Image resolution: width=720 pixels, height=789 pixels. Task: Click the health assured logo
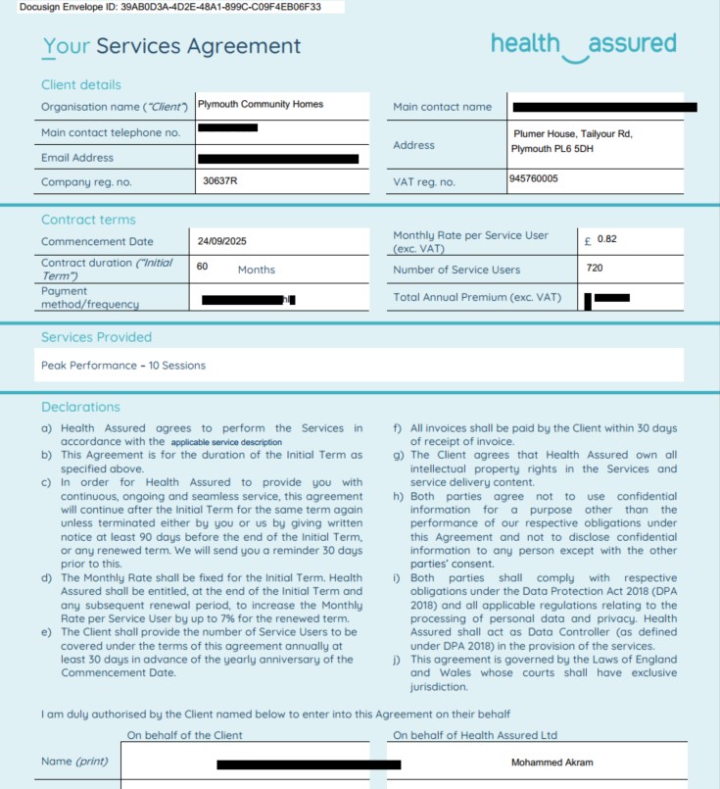(x=583, y=45)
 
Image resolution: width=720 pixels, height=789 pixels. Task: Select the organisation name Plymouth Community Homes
(x=260, y=104)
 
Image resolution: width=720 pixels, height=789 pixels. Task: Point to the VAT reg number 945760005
(x=534, y=179)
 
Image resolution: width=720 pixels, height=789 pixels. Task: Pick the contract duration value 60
(x=202, y=265)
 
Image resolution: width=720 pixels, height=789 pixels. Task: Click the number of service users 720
(x=594, y=268)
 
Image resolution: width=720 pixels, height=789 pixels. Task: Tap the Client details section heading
(x=81, y=84)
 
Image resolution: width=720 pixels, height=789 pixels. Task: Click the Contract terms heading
(x=88, y=220)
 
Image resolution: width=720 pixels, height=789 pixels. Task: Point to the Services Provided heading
(x=96, y=337)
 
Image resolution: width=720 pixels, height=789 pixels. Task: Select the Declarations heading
(x=80, y=407)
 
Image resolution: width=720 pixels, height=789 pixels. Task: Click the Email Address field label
(x=77, y=158)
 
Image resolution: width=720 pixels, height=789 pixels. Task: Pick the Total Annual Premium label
(x=477, y=297)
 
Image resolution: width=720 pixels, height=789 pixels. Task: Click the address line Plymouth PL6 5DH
(x=552, y=149)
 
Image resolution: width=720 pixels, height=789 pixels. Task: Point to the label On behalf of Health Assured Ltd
(x=474, y=735)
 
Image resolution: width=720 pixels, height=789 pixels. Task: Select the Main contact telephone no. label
(x=110, y=132)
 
